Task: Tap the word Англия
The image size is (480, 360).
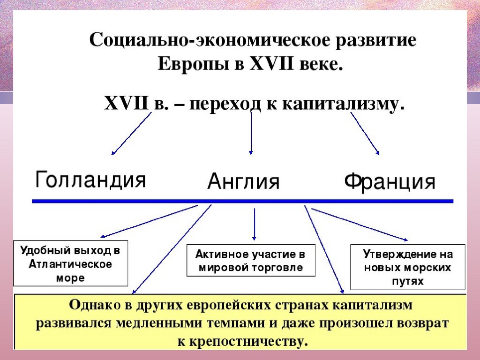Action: click(243, 181)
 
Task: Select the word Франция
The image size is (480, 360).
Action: click(390, 181)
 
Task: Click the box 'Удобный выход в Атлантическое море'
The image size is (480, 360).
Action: click(71, 263)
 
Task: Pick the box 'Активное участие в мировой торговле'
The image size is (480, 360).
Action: click(251, 261)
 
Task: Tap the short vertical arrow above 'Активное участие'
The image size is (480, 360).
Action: click(255, 224)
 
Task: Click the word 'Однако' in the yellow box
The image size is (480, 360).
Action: click(92, 305)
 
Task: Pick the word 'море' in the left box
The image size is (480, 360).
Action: click(70, 278)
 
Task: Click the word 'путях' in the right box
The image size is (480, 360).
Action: click(408, 281)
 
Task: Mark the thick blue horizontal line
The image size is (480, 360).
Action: click(242, 201)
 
